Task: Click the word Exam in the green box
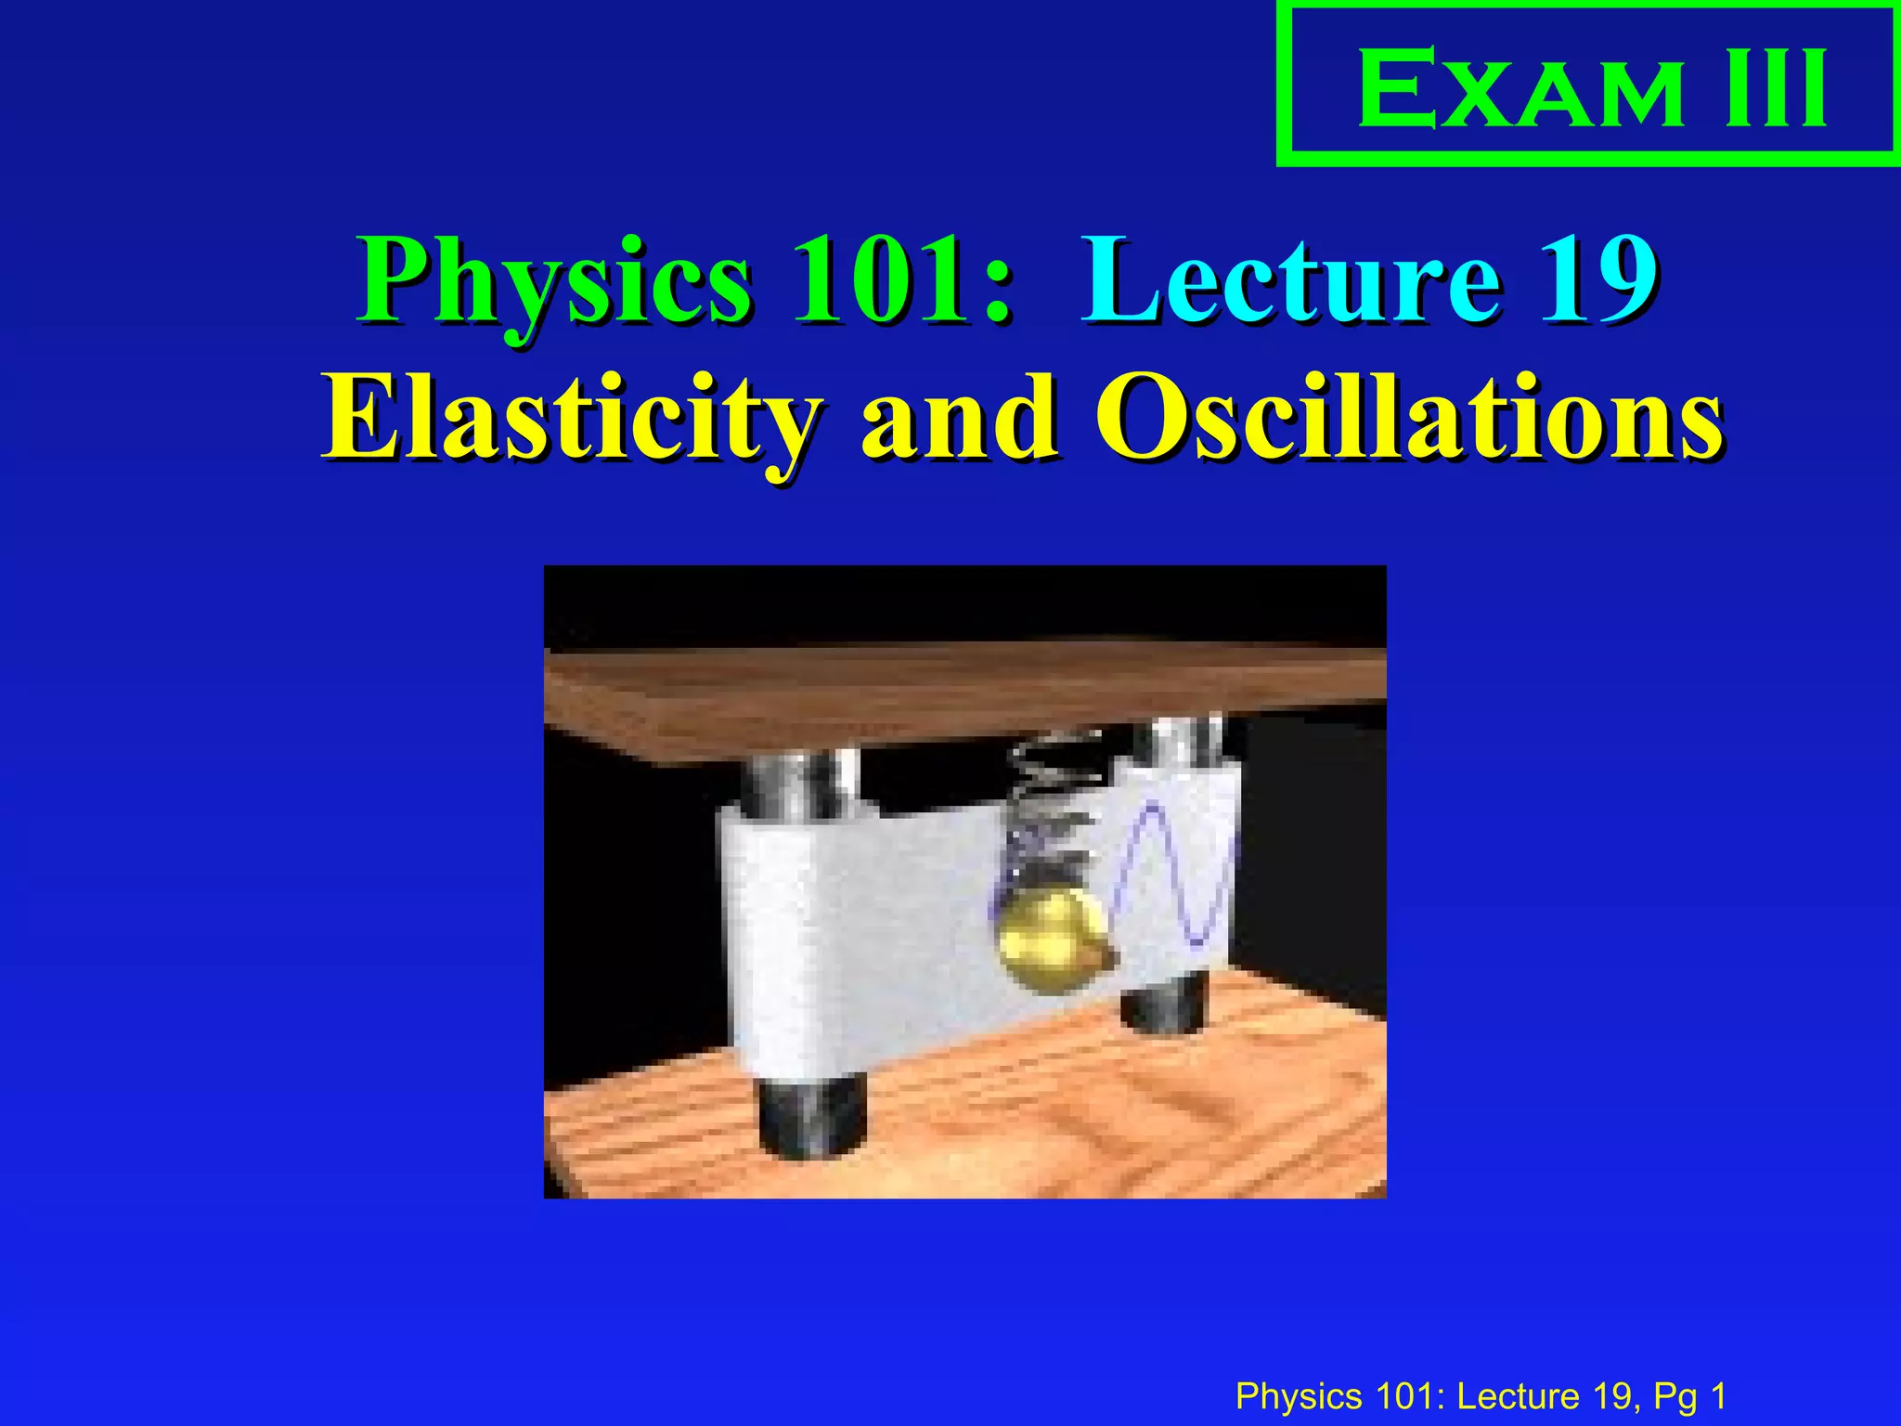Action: (1519, 90)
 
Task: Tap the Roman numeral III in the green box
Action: (1776, 90)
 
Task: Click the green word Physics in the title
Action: (554, 280)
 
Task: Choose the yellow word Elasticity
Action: (571, 420)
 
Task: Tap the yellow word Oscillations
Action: (1409, 420)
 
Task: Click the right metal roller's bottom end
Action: (1165, 1007)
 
